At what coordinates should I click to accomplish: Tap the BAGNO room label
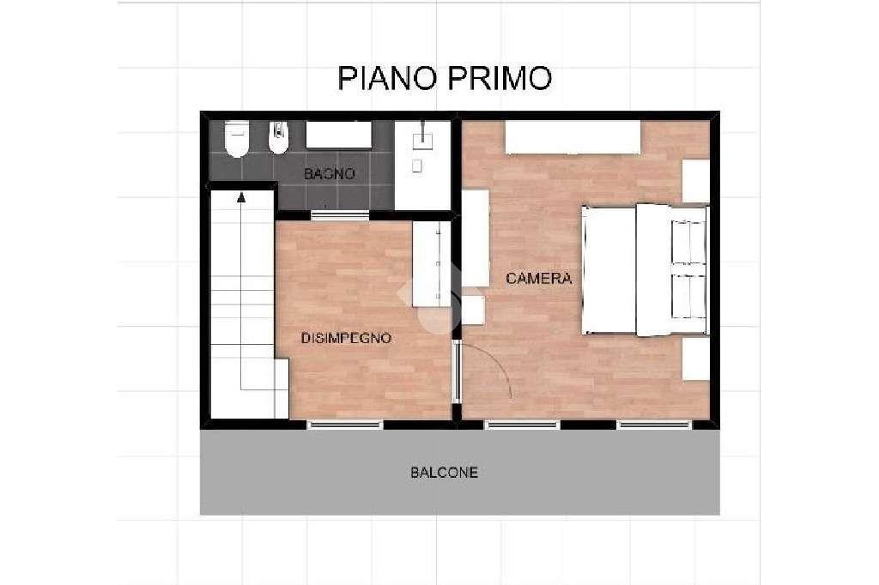coord(330,173)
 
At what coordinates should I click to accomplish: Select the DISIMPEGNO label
coord(346,338)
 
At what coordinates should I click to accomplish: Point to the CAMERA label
coord(538,279)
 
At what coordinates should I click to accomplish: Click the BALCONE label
coord(444,473)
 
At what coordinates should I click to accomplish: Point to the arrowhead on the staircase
coord(241,196)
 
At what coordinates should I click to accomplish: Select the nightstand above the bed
coord(696,181)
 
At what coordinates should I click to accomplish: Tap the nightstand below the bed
coord(696,359)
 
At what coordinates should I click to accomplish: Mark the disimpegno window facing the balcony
coord(345,424)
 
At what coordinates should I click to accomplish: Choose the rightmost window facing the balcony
coord(654,424)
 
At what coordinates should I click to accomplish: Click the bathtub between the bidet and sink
coord(339,136)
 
